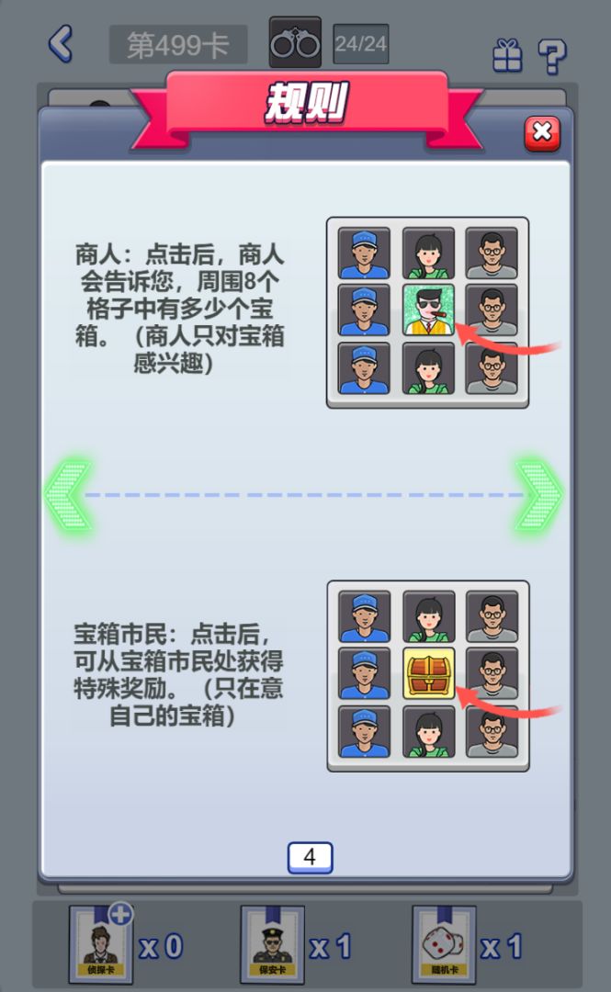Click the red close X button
pyautogui.click(x=542, y=134)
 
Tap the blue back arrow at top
pyautogui.click(x=61, y=43)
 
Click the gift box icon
pyautogui.click(x=506, y=55)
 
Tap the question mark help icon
pyautogui.click(x=551, y=55)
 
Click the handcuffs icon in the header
pyautogui.click(x=295, y=43)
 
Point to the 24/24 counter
pyautogui.click(x=360, y=44)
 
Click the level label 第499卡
pyautogui.click(x=177, y=45)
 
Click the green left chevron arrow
pyautogui.click(x=68, y=494)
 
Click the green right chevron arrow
pyautogui.click(x=539, y=494)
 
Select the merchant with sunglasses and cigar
pyautogui.click(x=428, y=310)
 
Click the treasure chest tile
pyautogui.click(x=428, y=673)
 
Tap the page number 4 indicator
pyautogui.click(x=310, y=857)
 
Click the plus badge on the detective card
pyautogui.click(x=120, y=914)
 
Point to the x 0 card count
pyautogui.click(x=161, y=946)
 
